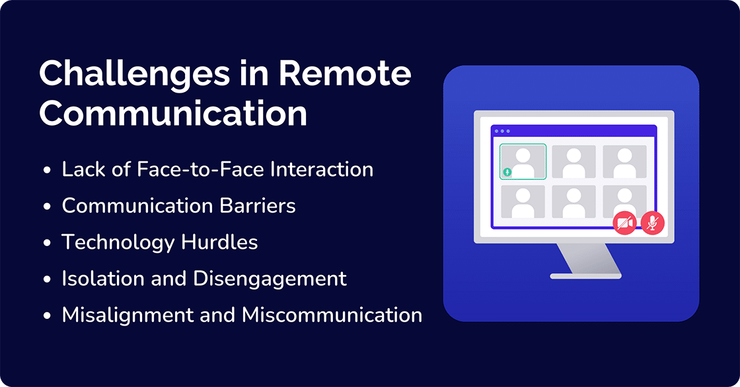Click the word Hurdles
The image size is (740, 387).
[219, 242]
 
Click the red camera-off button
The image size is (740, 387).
[624, 224]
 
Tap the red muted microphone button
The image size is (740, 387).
[653, 224]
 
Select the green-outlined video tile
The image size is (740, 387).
[523, 161]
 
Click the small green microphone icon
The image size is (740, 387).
[507, 172]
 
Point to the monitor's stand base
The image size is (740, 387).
[585, 275]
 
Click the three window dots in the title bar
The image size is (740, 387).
[503, 131]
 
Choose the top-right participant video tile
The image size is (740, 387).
[624, 161]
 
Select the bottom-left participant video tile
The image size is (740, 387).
[523, 201]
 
